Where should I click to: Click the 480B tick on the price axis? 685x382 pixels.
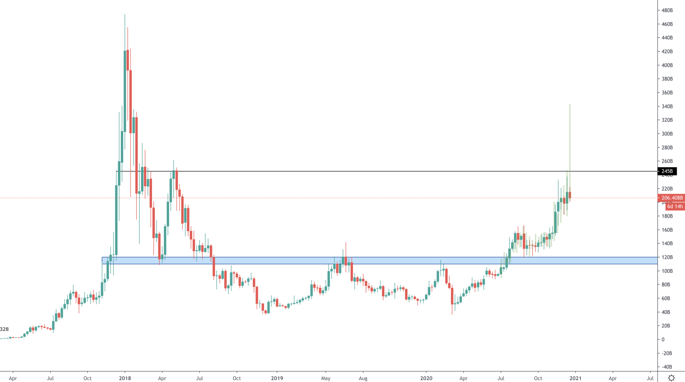point(667,10)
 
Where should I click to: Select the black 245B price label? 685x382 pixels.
point(667,171)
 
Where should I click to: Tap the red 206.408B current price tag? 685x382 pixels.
point(672,198)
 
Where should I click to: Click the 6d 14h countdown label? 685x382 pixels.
point(675,206)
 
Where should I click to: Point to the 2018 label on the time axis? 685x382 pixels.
point(125,378)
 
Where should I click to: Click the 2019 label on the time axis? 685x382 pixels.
point(277,378)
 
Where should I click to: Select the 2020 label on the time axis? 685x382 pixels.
point(426,378)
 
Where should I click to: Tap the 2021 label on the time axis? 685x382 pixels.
point(575,378)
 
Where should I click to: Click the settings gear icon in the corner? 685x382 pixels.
point(671,378)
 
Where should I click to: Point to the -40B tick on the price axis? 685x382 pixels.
point(667,367)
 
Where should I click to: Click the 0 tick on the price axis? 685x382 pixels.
point(663,340)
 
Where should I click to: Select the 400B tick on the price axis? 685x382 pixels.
point(667,65)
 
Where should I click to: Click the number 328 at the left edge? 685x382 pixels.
point(5,329)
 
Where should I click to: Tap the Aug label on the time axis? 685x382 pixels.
point(363,378)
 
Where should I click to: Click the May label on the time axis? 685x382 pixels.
point(326,378)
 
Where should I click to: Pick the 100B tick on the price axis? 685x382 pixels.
point(667,271)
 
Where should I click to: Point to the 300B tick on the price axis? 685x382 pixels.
point(667,134)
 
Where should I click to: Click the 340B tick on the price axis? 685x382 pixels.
point(667,106)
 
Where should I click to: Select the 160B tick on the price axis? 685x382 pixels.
point(667,230)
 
